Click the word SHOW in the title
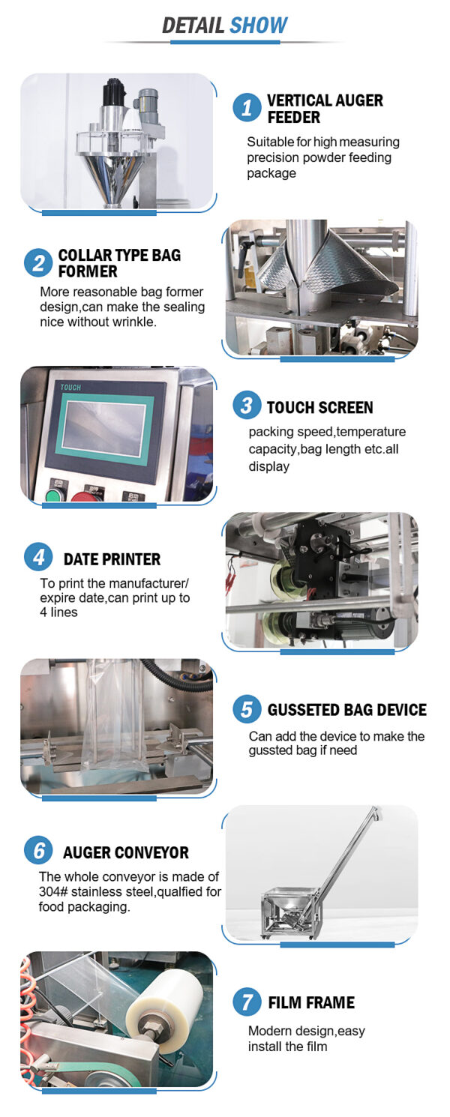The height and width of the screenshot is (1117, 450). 259,25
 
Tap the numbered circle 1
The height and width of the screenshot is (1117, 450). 247,107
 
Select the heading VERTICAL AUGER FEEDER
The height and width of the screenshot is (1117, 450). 325,109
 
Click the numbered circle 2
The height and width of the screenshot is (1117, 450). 38,263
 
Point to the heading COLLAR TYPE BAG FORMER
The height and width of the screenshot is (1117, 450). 119,263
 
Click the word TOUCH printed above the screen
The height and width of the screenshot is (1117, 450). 70,388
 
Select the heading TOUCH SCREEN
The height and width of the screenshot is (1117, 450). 319,407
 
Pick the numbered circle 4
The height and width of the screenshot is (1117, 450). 38,557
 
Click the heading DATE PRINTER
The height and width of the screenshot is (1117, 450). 112,559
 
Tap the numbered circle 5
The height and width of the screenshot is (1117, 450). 247,709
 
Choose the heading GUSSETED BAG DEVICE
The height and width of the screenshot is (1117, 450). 347,710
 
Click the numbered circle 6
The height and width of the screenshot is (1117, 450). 38,851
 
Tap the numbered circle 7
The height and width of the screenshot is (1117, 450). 247,1002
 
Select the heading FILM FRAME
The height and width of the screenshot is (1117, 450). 311,1003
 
